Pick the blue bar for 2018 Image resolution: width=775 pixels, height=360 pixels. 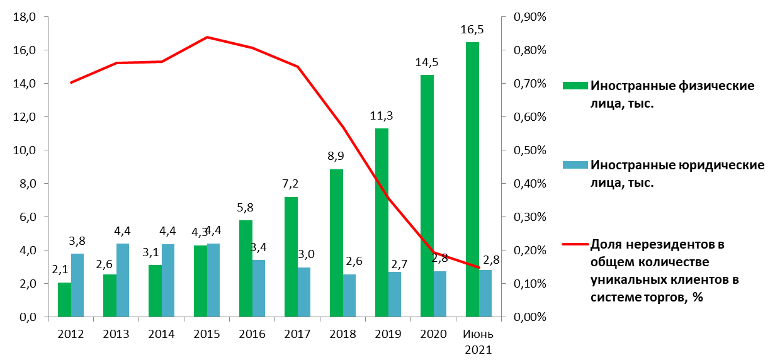(x=349, y=295)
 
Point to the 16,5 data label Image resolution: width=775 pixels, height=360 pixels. (x=472, y=30)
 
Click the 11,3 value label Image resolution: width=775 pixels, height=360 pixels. (x=382, y=116)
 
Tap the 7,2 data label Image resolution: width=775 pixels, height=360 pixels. (x=290, y=184)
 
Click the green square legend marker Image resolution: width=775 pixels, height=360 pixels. (x=576, y=86)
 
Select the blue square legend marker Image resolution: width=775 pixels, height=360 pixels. (x=576, y=165)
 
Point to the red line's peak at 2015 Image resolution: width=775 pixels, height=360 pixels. (x=207, y=37)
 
